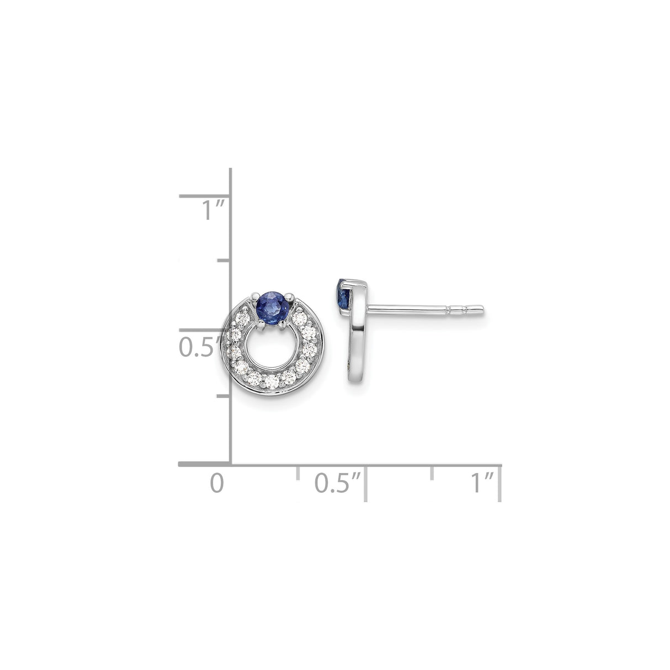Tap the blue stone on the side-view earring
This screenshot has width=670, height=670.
pos(342,297)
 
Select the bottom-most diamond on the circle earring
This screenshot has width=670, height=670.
pos(272,381)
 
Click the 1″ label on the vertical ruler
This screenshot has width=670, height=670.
pos(212,211)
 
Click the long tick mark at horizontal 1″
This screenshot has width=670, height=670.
pos(500,483)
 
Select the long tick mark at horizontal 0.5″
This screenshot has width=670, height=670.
pos(365,483)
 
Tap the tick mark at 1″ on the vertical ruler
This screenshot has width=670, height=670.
pos(204,195)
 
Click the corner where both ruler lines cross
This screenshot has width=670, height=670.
pos(230,465)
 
